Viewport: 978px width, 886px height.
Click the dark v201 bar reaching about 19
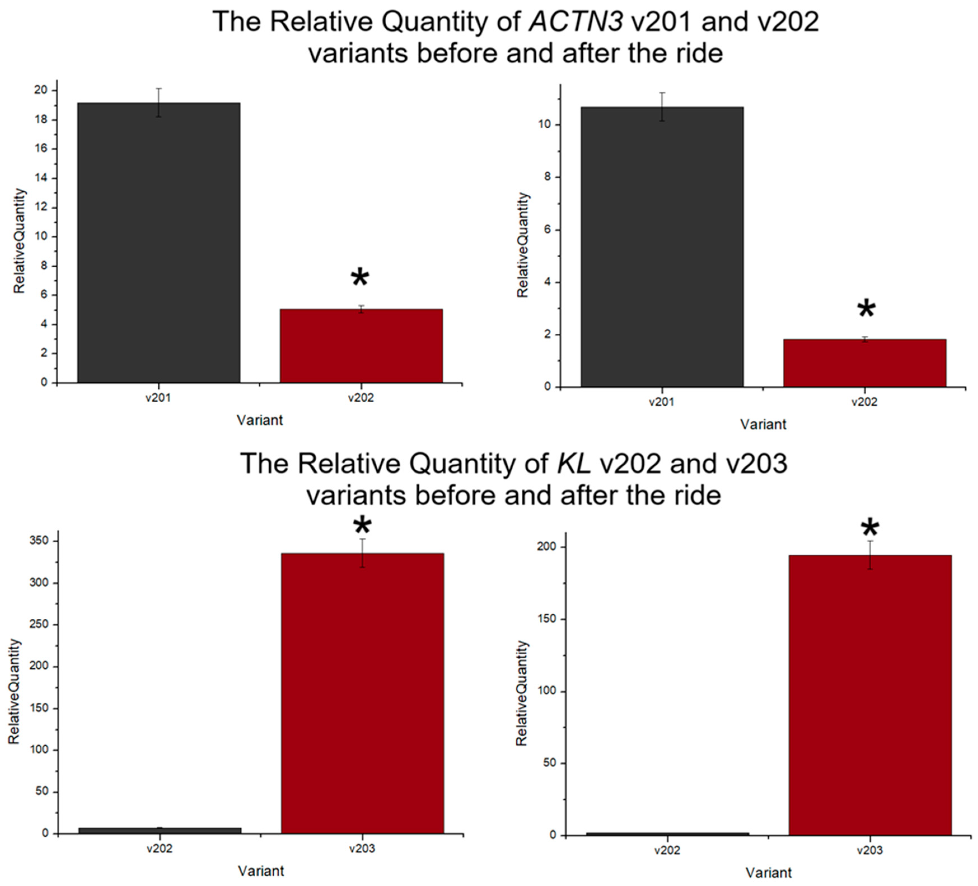[159, 243]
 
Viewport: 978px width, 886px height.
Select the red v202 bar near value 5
[361, 346]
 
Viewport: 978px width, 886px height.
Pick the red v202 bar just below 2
[864, 363]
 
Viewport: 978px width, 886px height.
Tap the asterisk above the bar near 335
[362, 526]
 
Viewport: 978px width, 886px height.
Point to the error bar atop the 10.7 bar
[662, 106]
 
